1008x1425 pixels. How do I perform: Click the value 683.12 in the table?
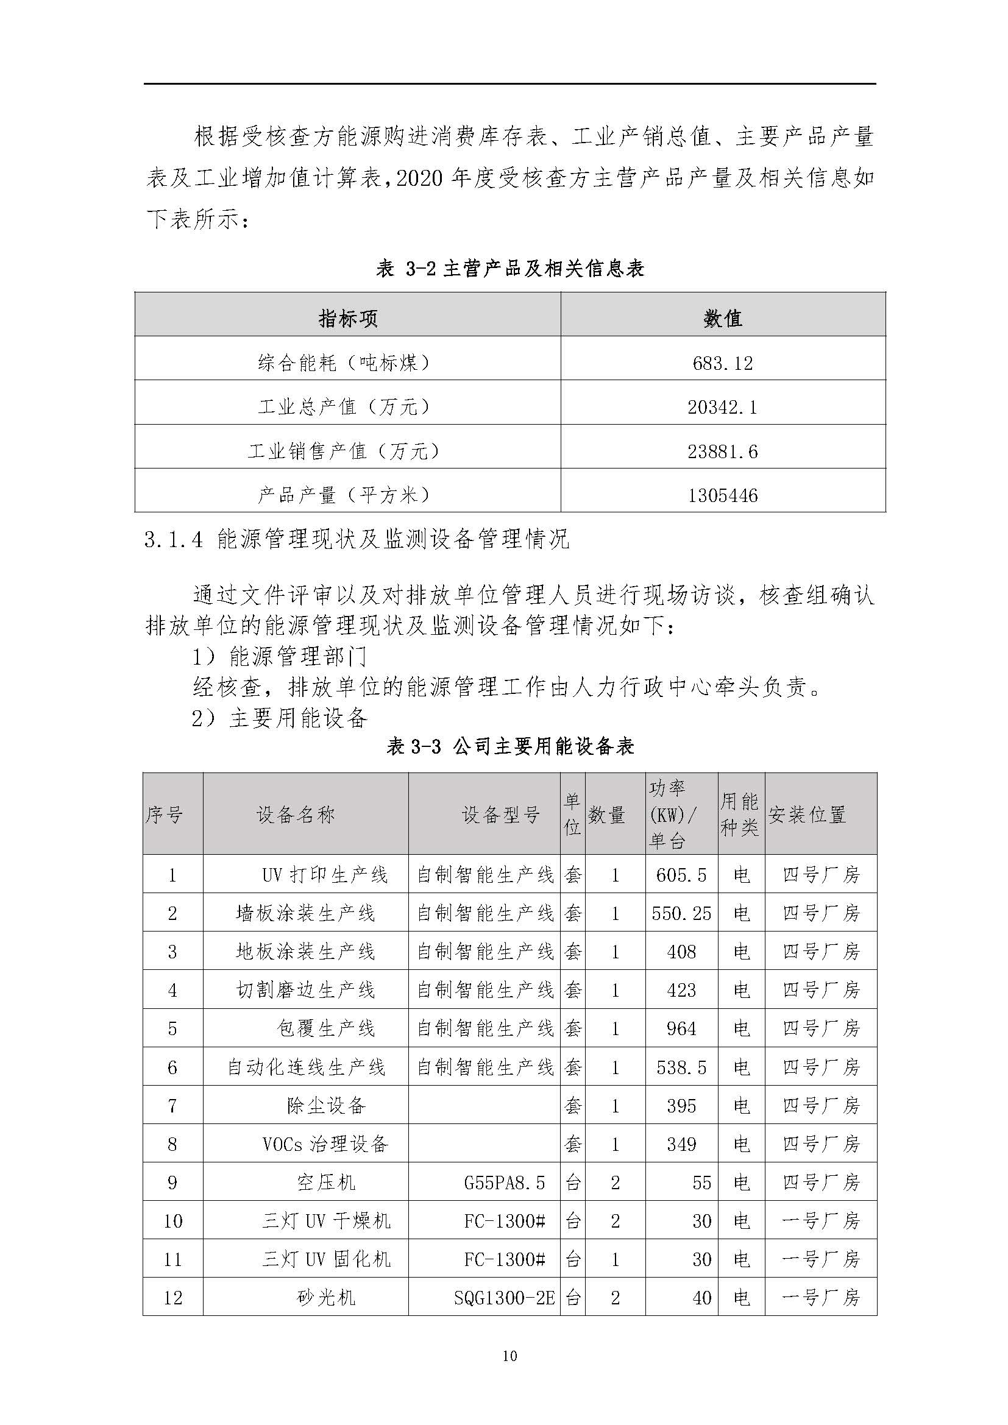[x=723, y=363]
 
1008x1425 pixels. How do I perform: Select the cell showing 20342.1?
[x=723, y=407]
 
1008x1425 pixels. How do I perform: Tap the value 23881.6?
[x=723, y=451]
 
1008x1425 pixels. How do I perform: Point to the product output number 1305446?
[x=723, y=495]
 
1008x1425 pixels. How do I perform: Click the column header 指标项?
[x=347, y=319]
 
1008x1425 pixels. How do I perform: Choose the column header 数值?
[x=723, y=319]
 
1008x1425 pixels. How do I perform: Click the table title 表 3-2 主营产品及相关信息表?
[x=509, y=269]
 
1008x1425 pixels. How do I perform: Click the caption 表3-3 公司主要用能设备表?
[x=509, y=746]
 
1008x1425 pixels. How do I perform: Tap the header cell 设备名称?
[x=296, y=815]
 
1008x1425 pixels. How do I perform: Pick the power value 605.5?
[x=681, y=875]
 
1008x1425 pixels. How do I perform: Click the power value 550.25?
[x=681, y=914]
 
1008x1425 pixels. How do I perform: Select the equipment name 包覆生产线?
[x=325, y=1029]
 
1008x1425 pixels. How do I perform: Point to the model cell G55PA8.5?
[x=504, y=1183]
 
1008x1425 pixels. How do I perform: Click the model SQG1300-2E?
[x=504, y=1298]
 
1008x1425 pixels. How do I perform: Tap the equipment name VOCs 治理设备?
[x=325, y=1144]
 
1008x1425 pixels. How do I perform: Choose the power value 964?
[x=681, y=1029]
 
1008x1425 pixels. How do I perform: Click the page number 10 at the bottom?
[x=509, y=1356]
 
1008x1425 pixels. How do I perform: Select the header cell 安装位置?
[x=807, y=815]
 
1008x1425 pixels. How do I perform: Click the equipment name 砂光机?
[x=325, y=1298]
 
